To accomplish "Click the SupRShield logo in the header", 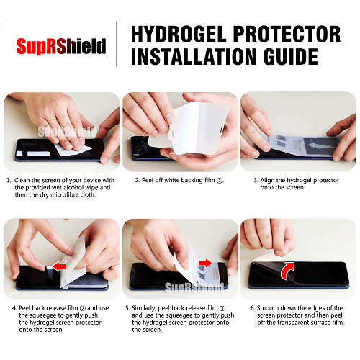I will tap(61, 47).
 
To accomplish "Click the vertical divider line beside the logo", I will tap(117, 45).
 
